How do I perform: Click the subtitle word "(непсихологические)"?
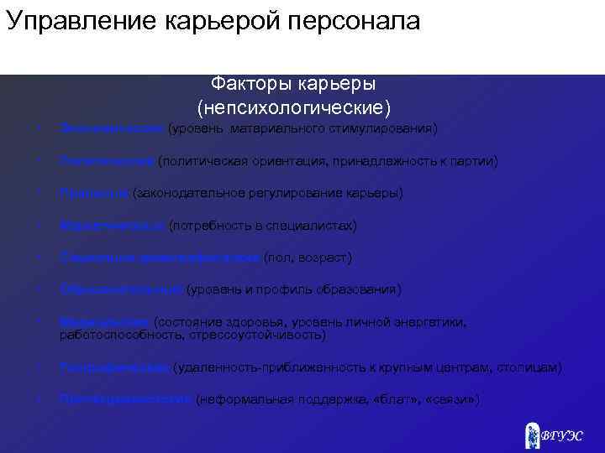294,108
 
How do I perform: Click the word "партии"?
474,161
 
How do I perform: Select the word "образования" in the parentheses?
362,289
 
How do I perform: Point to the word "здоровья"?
261,322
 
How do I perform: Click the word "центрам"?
457,367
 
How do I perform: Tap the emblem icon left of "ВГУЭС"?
532,434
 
